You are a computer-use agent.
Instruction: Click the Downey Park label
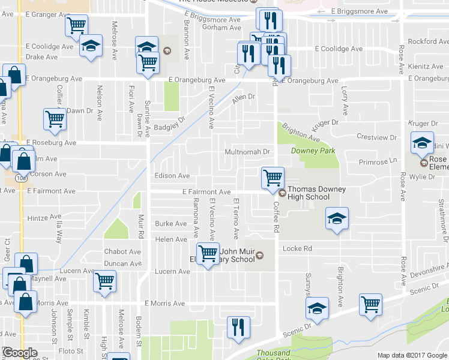[313, 151]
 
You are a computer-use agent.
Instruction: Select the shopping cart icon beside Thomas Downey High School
[273, 178]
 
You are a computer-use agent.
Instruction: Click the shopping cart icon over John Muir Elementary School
[208, 253]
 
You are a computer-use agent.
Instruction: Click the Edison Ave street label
[172, 176]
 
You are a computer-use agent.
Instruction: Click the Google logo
[19, 353]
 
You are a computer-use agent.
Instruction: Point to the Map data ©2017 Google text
[412, 355]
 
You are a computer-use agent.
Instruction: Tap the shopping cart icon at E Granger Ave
[76, 26]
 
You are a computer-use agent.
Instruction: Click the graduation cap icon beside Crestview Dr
[422, 143]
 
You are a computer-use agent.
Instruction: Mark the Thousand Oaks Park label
[274, 354]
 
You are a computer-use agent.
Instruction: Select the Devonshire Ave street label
[428, 272]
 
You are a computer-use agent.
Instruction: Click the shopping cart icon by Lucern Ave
[104, 281]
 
